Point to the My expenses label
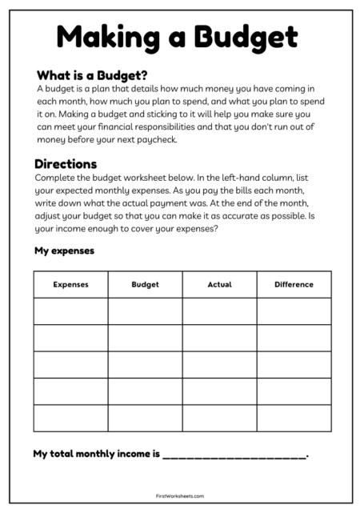64,250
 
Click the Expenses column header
70,284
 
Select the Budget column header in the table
145,284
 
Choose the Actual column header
219,284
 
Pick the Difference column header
294,284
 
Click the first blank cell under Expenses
70,311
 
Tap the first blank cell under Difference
294,311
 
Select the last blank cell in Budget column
145,418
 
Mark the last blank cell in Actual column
219,418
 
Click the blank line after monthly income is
234,455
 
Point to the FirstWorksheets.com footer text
180,495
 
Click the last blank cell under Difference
294,418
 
